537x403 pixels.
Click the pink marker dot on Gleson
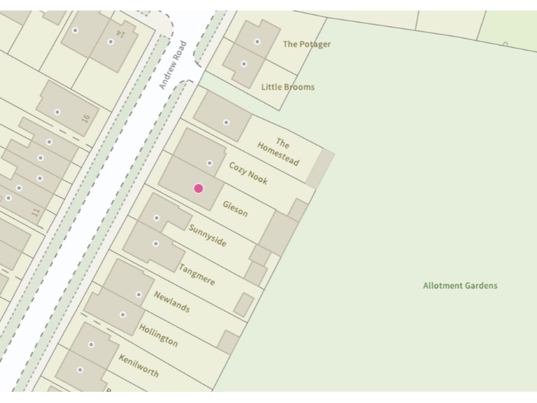point(199,188)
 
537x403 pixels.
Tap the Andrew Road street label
point(173,64)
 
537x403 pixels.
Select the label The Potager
point(307,44)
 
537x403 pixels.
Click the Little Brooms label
point(288,87)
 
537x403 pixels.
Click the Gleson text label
point(235,208)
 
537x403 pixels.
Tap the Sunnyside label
point(207,236)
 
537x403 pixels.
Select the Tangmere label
point(196,274)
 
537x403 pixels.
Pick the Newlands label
point(172,302)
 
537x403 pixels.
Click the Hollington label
point(158,335)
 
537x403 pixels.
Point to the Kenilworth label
point(138,365)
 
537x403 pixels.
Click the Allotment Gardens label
point(460,285)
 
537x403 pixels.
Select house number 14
point(122,34)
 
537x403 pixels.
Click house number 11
point(36,211)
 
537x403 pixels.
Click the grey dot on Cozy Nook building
point(210,163)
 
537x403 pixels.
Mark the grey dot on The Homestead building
point(226,122)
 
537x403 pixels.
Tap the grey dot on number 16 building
point(57,112)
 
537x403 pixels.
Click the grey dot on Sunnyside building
point(157,218)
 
